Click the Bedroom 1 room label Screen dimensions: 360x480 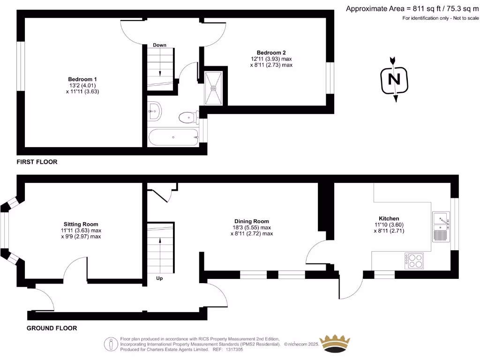[82, 79]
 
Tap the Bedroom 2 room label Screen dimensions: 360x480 [271, 52]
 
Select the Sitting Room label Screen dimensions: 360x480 [81, 224]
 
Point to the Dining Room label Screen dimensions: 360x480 [252, 221]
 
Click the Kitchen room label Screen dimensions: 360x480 [389, 218]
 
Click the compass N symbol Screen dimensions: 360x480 [395, 80]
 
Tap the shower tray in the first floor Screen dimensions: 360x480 [213, 88]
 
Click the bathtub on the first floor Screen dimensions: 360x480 [173, 137]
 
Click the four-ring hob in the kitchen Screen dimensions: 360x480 [414, 260]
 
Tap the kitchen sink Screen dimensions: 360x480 [441, 225]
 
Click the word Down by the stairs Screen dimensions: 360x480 [159, 45]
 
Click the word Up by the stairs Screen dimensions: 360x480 [159, 278]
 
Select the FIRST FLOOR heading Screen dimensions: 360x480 [37, 162]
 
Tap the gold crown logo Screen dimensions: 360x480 [335, 344]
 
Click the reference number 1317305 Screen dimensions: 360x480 [234, 349]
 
